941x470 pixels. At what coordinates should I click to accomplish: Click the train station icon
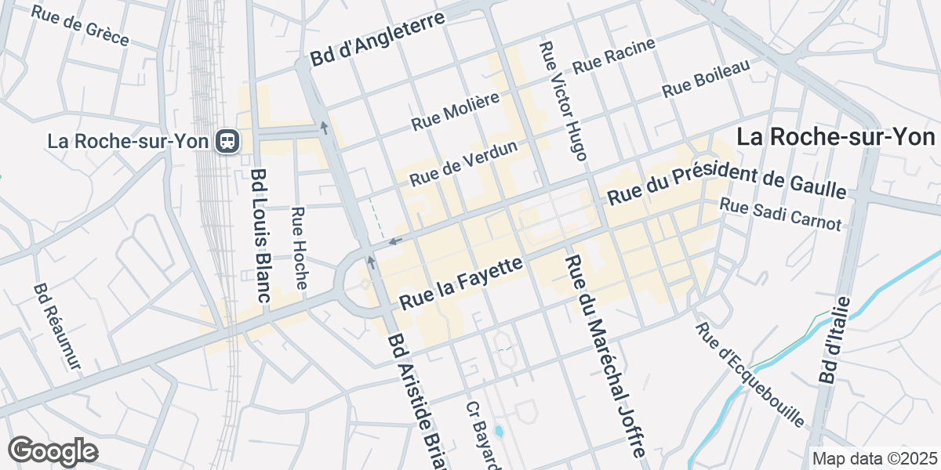pos(228,141)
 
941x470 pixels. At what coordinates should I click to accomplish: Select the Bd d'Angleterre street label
pos(377,40)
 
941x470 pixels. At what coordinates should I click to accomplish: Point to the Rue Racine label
pos(613,57)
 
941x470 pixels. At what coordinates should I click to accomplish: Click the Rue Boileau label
pos(707,79)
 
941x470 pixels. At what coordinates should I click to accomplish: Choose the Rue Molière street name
pos(456,111)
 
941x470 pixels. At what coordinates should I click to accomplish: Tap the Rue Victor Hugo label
pos(562,101)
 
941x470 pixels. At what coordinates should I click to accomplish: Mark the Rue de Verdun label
pos(463,164)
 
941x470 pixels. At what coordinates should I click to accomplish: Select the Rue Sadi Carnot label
pos(779,215)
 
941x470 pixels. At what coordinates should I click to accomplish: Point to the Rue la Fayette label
pos(461,284)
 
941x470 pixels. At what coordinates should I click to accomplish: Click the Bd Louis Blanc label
pos(260,235)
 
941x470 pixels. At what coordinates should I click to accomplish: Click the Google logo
pos(53,451)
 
